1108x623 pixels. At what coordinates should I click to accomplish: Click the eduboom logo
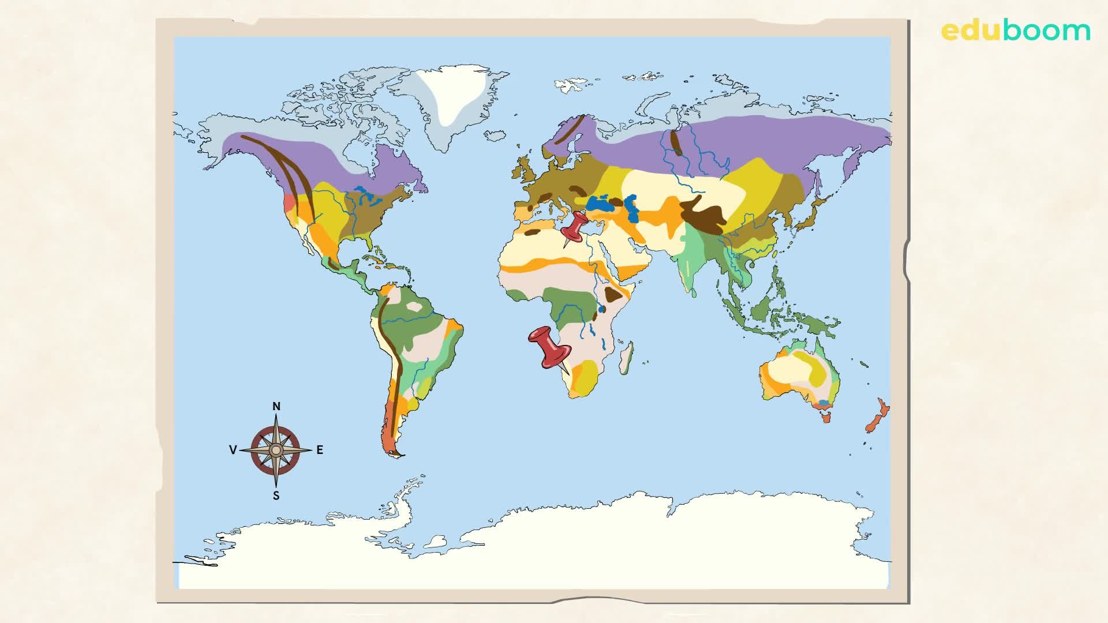click(x=1016, y=30)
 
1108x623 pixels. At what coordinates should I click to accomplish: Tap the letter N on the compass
click(x=276, y=407)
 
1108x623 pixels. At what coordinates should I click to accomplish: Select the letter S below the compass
click(x=276, y=496)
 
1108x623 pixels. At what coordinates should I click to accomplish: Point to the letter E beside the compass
click(x=320, y=450)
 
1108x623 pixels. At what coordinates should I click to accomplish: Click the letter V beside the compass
click(x=233, y=450)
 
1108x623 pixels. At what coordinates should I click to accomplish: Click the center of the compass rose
click(x=276, y=450)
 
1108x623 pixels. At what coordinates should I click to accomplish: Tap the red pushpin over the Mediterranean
click(x=575, y=227)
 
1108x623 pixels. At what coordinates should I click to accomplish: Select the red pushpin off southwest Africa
click(x=549, y=347)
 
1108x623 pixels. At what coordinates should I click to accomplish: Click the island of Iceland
click(x=495, y=136)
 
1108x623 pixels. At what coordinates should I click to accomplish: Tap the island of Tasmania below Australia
click(x=826, y=416)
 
